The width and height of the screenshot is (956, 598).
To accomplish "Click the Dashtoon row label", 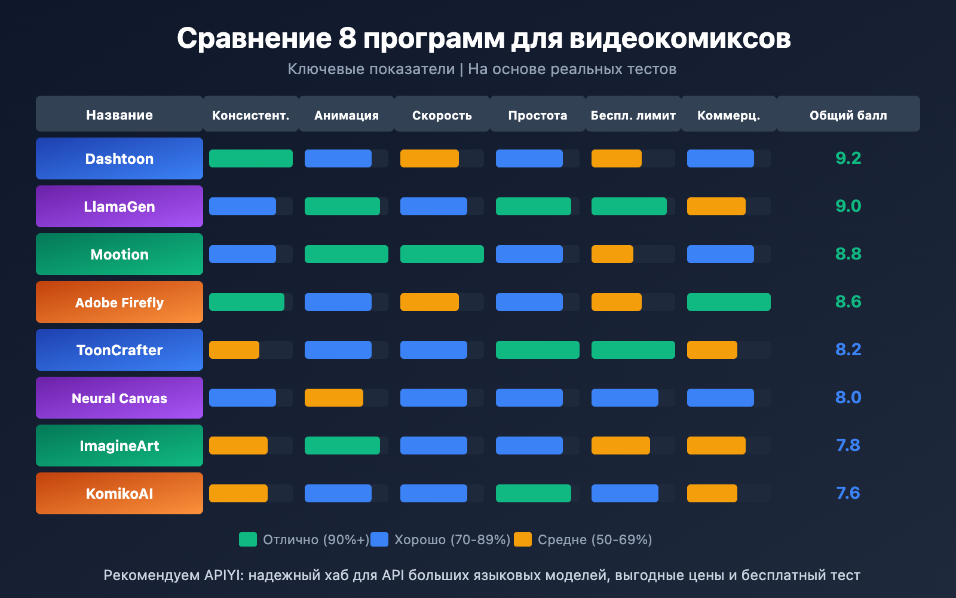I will [x=119, y=158].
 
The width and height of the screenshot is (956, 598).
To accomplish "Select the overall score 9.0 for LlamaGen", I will [x=848, y=206].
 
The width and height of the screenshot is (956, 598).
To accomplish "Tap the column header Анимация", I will [x=347, y=115].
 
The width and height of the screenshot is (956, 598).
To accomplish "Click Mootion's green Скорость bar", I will [x=442, y=254].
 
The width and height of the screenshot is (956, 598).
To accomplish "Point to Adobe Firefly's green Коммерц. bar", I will [x=728, y=302].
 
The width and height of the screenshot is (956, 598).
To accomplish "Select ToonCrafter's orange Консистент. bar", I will [x=234, y=350].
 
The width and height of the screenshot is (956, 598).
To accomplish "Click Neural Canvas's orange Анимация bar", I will [x=333, y=398].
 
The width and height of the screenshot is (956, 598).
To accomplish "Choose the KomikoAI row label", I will [x=119, y=493].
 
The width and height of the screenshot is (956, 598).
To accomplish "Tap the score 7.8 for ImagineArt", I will [x=848, y=446].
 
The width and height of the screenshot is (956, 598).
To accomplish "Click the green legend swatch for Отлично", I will [x=248, y=539].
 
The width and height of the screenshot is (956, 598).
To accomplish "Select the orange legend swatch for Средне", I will [x=523, y=539].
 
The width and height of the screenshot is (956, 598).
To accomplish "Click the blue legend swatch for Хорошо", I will [x=379, y=539].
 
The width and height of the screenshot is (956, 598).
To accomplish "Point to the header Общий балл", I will [x=848, y=115].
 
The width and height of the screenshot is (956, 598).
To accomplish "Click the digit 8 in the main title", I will [x=347, y=39].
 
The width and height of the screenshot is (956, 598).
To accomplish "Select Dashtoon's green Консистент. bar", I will [x=250, y=158].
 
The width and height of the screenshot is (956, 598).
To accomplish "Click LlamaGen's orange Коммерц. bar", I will [x=716, y=206].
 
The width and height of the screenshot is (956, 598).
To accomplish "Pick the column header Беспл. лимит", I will [x=633, y=115].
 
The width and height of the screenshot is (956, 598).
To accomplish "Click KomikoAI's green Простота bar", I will [x=533, y=493].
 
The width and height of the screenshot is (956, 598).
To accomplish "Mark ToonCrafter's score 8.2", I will [x=848, y=350].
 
